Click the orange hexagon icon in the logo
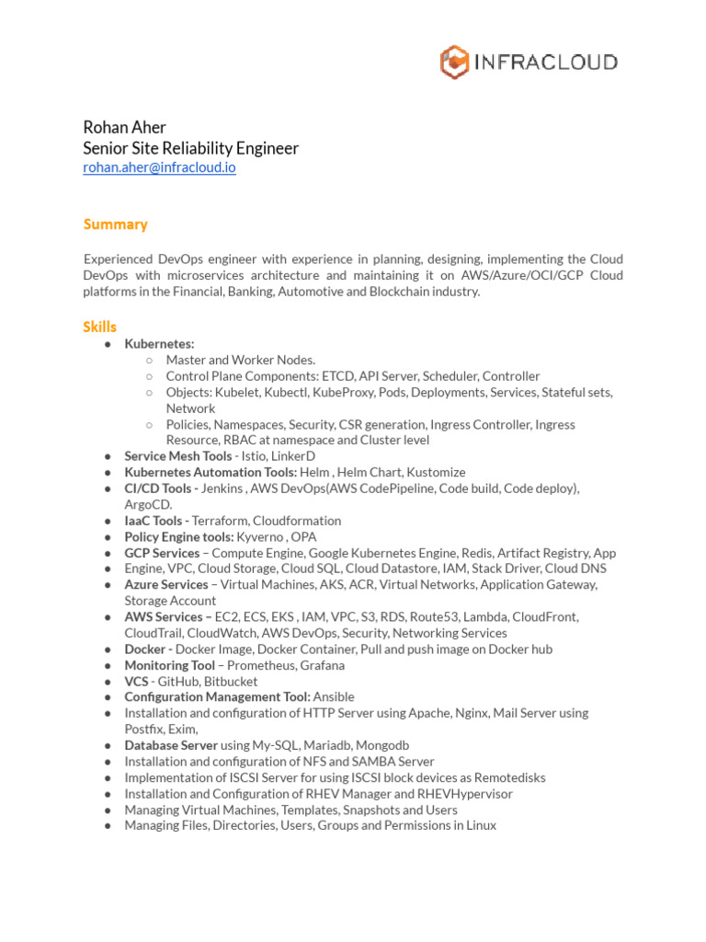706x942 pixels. [x=455, y=63]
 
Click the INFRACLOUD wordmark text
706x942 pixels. [x=545, y=63]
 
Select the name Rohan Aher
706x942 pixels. [x=124, y=127]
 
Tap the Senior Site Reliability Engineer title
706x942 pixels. [x=190, y=148]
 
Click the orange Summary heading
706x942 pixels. [x=115, y=224]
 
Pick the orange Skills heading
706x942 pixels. [x=99, y=327]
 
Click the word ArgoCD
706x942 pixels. [x=147, y=505]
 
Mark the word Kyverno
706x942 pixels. [x=262, y=537]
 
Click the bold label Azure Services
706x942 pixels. [x=166, y=585]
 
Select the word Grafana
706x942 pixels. [x=321, y=666]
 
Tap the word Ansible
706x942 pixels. [x=334, y=697]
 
